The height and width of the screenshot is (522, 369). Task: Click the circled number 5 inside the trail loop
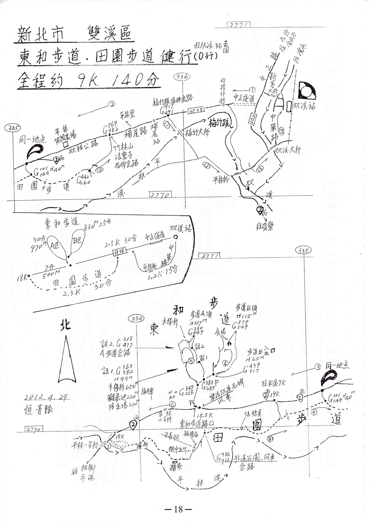pos(191,361)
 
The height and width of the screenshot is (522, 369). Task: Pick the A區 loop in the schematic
pos(55,246)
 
